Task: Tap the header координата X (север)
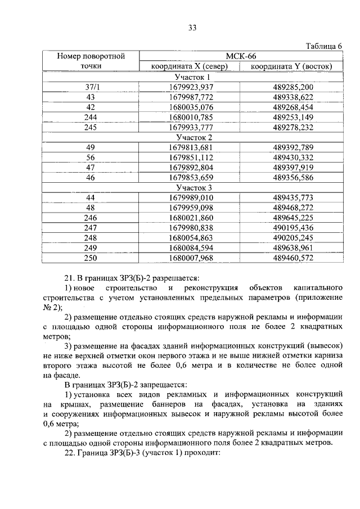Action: (x=189, y=66)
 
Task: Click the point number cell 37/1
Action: (x=91, y=87)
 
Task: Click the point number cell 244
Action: (x=91, y=117)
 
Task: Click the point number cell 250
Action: (x=91, y=258)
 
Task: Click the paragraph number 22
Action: (x=70, y=454)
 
